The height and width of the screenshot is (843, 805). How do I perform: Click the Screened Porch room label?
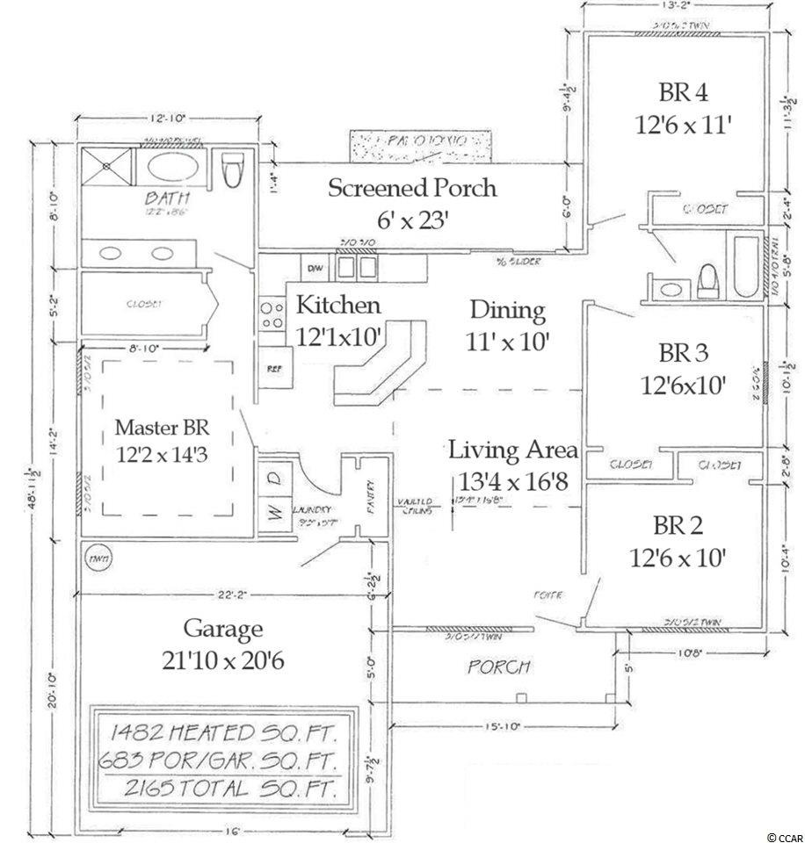point(412,187)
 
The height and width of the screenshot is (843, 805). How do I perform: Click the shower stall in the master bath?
point(106,169)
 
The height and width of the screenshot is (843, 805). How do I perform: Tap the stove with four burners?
point(271,315)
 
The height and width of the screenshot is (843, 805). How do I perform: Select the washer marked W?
point(274,514)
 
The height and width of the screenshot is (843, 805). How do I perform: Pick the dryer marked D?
point(274,478)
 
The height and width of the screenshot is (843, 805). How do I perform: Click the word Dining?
point(507,310)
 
